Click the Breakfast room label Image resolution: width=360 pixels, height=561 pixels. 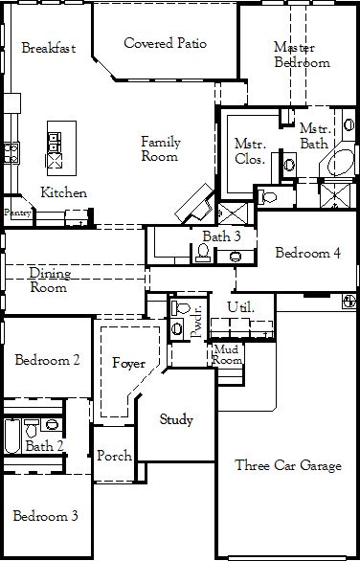tap(49, 48)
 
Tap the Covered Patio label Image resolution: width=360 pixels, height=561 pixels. tap(165, 43)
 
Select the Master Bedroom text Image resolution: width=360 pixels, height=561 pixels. tap(302, 55)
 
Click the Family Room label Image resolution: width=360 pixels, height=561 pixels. tap(161, 148)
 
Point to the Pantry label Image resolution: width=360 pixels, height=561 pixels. tap(17, 213)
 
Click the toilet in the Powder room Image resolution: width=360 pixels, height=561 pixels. tap(181, 307)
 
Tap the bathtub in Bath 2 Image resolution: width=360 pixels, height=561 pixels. tap(12, 437)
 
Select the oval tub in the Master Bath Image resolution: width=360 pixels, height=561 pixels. tap(341, 163)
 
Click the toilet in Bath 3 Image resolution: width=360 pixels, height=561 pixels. tap(203, 252)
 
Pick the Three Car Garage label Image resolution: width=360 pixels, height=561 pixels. tap(288, 465)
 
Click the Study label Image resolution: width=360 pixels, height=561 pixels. tap(176, 419)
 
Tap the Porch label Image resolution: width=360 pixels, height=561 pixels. tap(115, 456)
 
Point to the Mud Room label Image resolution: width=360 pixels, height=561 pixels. tap(228, 354)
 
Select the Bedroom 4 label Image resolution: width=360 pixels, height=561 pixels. tap(307, 253)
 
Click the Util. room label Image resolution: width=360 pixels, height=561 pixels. tap(240, 307)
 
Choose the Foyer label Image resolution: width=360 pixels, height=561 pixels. tap(129, 364)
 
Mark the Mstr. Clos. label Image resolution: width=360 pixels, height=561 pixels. tap(250, 151)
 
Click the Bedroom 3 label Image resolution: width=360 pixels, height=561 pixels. tap(45, 516)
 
